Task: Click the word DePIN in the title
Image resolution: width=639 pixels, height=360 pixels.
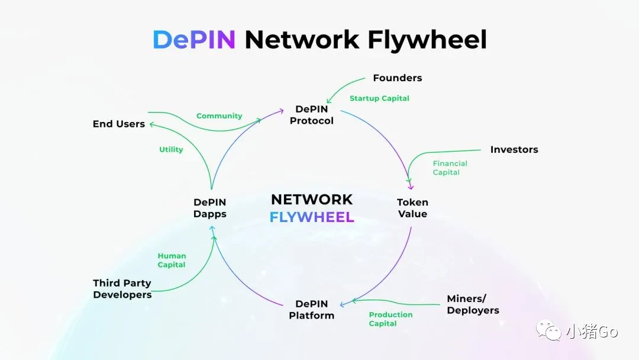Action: [x=194, y=40]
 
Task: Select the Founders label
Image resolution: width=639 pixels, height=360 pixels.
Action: [x=397, y=78]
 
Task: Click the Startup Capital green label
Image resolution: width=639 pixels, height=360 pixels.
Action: [x=379, y=98]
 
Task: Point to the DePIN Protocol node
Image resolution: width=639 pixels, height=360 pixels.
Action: [x=311, y=115]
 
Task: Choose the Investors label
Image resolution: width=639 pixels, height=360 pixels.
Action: [x=514, y=150]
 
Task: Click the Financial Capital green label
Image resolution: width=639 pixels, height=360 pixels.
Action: [x=450, y=168]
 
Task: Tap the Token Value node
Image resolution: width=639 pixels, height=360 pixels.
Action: [x=412, y=208]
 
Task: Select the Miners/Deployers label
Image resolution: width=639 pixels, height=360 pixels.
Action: [x=473, y=304]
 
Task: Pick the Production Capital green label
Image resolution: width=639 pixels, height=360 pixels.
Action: [x=390, y=319]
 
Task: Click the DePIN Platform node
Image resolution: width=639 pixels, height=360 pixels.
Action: [x=311, y=310]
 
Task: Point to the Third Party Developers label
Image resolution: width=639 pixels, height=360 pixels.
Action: [x=122, y=289]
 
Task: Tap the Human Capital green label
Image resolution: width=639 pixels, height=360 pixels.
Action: [x=172, y=261]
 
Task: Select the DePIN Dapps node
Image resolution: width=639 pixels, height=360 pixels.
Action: [x=209, y=208]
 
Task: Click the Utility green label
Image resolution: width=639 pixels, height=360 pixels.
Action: [x=171, y=150]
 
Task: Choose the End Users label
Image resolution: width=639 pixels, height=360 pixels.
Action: [x=118, y=124]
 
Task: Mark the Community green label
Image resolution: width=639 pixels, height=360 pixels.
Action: [x=219, y=116]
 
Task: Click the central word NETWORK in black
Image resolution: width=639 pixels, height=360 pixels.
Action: [x=311, y=200]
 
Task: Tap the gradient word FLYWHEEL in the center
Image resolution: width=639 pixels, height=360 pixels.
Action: [x=311, y=217]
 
